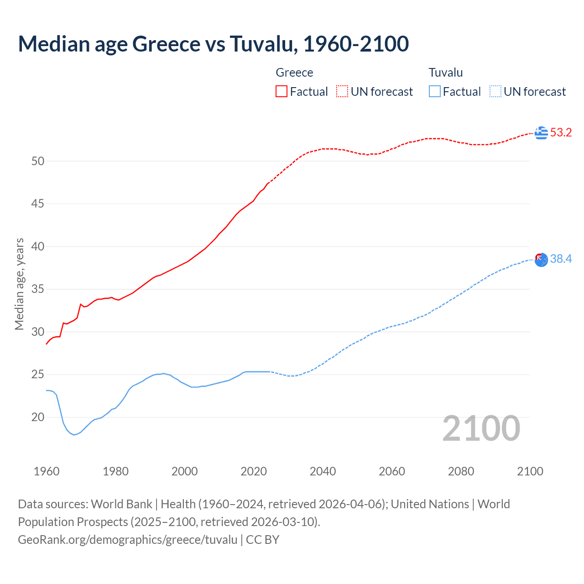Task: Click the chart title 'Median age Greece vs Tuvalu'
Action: click(213, 44)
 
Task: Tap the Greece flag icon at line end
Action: click(541, 133)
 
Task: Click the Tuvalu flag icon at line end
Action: click(541, 260)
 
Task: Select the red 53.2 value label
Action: click(561, 133)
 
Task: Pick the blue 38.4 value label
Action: click(561, 259)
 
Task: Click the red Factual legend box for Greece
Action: click(282, 91)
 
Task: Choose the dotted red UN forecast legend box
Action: click(342, 91)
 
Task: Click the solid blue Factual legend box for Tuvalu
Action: click(434, 91)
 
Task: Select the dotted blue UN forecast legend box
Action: click(495, 91)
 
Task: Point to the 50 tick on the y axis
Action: click(38, 161)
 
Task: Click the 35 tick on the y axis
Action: click(38, 289)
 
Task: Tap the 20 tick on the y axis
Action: click(38, 417)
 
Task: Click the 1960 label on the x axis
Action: click(47, 471)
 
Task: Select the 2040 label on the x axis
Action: click(323, 471)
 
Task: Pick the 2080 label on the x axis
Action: click(461, 471)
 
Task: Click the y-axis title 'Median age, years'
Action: click(19, 283)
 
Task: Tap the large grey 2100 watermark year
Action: click(481, 428)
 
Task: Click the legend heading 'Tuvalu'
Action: click(445, 73)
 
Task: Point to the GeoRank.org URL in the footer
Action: click(128, 540)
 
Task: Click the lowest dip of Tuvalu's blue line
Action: click(74, 435)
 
